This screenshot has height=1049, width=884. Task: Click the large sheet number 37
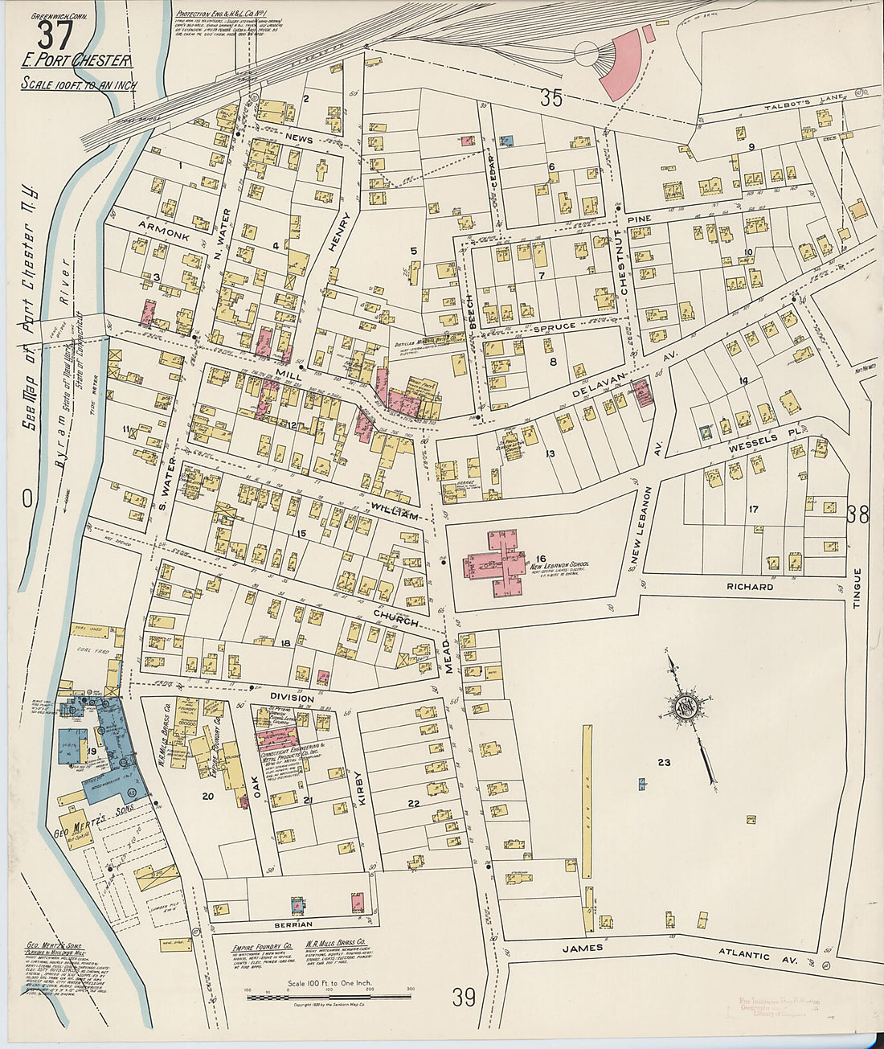tap(55, 35)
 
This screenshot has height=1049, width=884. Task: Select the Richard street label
tap(749, 587)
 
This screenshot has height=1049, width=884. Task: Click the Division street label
tap(292, 698)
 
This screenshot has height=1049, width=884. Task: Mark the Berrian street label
tap(292, 924)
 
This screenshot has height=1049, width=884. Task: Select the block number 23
tap(664, 761)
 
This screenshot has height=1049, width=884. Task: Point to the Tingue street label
tap(857, 588)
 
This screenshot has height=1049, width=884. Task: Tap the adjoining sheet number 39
tap(463, 998)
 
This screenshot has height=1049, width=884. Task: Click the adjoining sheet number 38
tap(857, 514)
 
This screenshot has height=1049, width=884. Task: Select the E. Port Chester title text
tap(76, 62)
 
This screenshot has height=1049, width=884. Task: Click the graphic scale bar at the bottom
tap(329, 998)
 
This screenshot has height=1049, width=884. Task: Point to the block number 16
tap(541, 559)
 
